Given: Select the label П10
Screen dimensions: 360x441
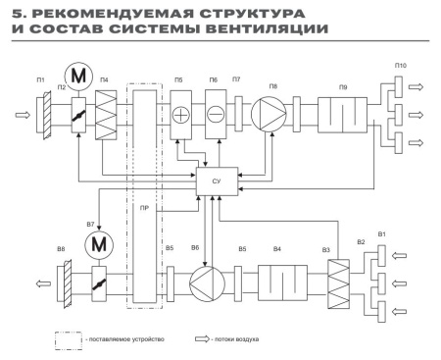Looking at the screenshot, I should pos(400,65).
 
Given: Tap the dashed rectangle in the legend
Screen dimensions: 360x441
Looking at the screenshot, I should pos(69,339).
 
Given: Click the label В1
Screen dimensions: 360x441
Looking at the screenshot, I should pos(382,235).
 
